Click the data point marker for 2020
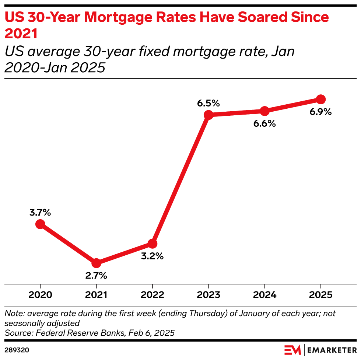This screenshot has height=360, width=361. [40, 224]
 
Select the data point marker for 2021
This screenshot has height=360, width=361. [96, 263]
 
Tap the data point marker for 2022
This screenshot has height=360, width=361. [153, 244]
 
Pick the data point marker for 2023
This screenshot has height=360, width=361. [208, 115]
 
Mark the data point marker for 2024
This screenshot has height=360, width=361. [264, 111]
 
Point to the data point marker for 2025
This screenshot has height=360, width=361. [320, 99]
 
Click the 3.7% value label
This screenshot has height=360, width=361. [40, 213]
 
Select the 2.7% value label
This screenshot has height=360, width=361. [96, 275]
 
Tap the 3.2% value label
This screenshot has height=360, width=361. [152, 256]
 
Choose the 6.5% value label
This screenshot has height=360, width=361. [208, 103]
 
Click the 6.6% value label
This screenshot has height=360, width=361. [264, 123]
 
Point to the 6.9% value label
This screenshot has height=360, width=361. [320, 112]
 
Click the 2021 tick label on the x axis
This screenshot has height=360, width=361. [96, 295]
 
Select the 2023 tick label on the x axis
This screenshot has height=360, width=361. [208, 295]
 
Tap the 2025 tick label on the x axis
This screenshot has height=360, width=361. [320, 295]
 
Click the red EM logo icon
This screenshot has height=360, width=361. [292, 349]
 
